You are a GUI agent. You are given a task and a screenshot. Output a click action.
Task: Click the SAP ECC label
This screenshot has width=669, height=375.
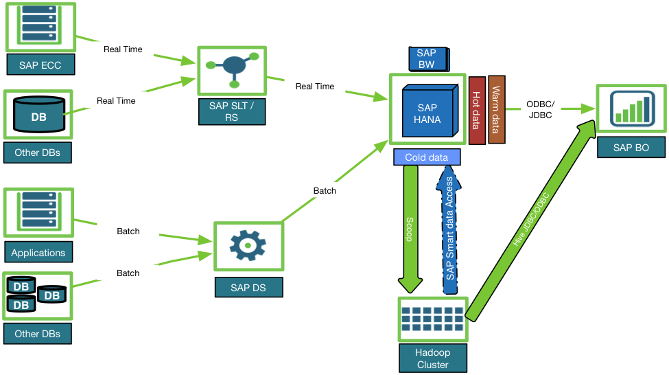[x=40, y=65]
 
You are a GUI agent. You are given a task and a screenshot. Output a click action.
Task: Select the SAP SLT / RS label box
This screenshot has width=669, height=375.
[x=232, y=111]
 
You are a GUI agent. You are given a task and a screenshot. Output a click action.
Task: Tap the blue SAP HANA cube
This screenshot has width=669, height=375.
[x=427, y=113]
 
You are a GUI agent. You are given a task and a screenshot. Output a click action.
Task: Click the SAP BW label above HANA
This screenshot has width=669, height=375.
[x=427, y=59]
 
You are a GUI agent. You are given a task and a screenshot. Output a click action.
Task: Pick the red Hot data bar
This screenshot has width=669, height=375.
[x=477, y=110]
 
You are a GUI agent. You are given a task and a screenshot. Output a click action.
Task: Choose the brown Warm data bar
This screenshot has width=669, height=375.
[x=496, y=110]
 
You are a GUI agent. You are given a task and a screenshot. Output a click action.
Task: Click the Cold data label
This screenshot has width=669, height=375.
[x=426, y=157]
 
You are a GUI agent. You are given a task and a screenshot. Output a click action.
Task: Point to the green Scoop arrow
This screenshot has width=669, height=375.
[x=410, y=227]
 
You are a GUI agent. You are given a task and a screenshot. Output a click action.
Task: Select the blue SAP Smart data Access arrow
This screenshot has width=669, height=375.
[x=449, y=230]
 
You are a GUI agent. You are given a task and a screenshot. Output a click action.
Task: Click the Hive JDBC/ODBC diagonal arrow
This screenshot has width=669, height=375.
[x=532, y=220]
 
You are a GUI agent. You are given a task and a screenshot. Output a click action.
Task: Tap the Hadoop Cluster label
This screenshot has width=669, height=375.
[x=432, y=359]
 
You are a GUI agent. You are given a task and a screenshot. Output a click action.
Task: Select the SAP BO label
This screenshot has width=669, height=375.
[x=631, y=148]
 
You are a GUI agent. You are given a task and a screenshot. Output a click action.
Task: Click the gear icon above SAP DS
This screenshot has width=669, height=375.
[x=247, y=245]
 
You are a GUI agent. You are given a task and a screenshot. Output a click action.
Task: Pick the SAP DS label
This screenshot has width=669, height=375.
[x=248, y=287]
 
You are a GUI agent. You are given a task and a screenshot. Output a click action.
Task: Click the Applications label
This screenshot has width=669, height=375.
[x=38, y=253]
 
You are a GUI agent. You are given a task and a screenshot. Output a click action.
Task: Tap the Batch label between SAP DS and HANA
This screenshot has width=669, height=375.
[x=325, y=190]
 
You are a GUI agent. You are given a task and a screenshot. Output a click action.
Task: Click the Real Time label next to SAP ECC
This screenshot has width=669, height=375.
[x=123, y=49]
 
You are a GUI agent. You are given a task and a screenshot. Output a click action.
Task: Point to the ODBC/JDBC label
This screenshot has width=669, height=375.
[x=540, y=109]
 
